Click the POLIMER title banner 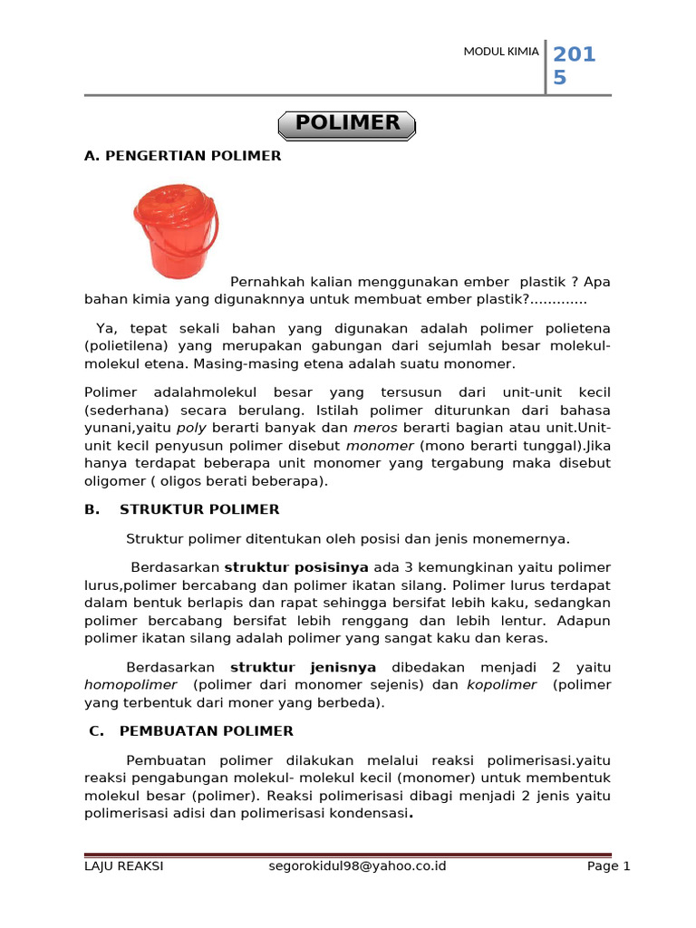coord(347,123)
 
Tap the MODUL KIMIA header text coord(501,52)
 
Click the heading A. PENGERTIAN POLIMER coord(182,156)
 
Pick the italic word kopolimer coord(501,685)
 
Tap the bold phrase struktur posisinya coord(290,567)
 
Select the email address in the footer coord(358,866)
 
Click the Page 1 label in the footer coord(608,866)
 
